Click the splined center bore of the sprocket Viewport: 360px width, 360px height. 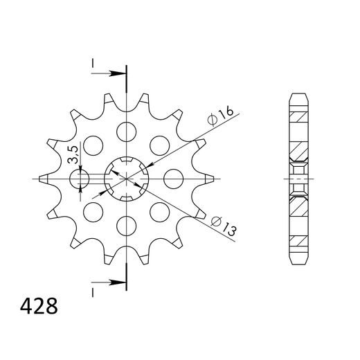(x=127, y=179)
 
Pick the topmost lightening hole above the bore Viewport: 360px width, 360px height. (x=127, y=129)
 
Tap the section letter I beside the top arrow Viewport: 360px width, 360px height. (x=93, y=64)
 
